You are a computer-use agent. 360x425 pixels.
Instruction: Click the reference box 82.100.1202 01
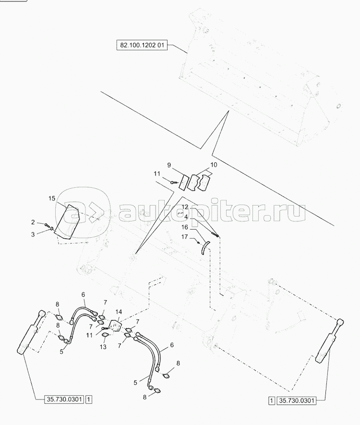142,45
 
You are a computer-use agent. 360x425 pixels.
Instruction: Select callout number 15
52,199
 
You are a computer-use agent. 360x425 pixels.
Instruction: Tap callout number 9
169,165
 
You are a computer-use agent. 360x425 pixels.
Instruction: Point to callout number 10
214,165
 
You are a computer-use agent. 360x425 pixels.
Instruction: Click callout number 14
119,312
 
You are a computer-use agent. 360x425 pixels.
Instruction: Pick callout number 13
103,347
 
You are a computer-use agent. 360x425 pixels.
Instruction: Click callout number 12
185,207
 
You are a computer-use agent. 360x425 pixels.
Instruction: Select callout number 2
33,222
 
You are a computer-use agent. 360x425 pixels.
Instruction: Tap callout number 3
33,234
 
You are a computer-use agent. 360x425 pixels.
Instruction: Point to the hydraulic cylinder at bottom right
330,341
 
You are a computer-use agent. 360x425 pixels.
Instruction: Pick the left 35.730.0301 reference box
64,400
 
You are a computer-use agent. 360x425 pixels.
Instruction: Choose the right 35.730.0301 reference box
296,401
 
